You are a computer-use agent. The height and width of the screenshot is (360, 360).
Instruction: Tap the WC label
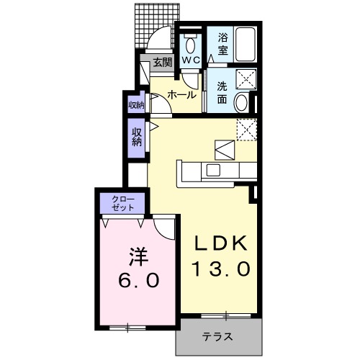click(x=191, y=60)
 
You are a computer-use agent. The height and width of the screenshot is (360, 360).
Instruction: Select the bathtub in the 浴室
click(x=246, y=45)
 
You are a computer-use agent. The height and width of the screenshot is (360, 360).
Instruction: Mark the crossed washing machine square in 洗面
click(x=246, y=81)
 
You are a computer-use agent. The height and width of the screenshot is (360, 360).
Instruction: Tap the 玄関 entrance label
click(x=162, y=63)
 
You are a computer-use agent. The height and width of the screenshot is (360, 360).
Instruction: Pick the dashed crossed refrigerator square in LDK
click(x=247, y=129)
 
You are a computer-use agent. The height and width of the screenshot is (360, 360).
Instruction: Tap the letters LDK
click(x=221, y=243)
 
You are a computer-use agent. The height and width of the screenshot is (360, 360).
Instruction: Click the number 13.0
click(x=221, y=269)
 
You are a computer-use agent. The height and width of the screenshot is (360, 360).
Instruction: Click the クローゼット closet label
click(x=117, y=202)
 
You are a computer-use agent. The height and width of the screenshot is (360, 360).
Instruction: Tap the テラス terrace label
click(x=217, y=336)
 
